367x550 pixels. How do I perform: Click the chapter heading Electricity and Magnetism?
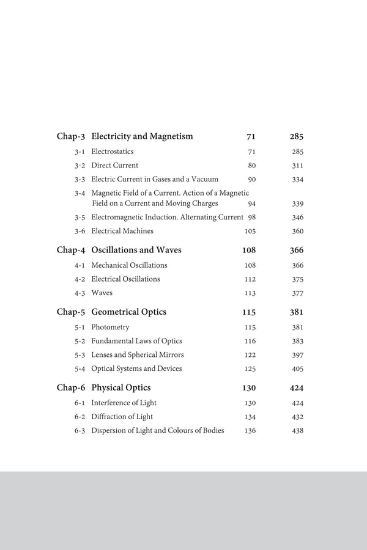pyautogui.click(x=142, y=136)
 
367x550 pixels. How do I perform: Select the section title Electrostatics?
pyautogui.click(x=112, y=152)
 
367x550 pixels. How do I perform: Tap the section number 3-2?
pyautogui.click(x=80, y=166)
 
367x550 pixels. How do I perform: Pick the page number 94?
pyautogui.click(x=251, y=204)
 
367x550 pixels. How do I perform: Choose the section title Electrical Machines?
pyautogui.click(x=122, y=231)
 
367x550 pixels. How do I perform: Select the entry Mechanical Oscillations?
pyautogui.click(x=129, y=265)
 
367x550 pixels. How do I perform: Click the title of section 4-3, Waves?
pyautogui.click(x=102, y=293)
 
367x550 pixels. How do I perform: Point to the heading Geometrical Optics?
pyautogui.click(x=128, y=312)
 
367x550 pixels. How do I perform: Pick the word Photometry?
pyautogui.click(x=110, y=328)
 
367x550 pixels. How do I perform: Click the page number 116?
pyautogui.click(x=250, y=341)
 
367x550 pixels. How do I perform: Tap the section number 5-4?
pyautogui.click(x=80, y=369)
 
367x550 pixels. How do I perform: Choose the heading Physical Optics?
pyautogui.click(x=120, y=387)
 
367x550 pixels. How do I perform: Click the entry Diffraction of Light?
pyautogui.click(x=122, y=417)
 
